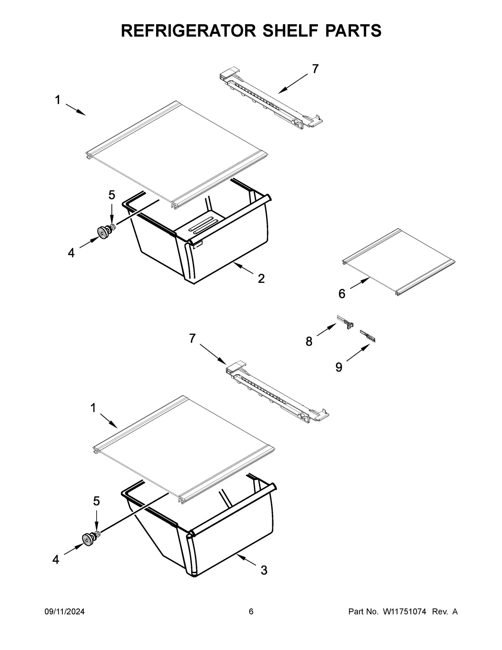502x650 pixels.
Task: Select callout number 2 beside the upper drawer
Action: click(x=261, y=279)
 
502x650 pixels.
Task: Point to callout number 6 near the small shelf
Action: click(x=342, y=294)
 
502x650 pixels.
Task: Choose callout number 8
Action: click(x=309, y=342)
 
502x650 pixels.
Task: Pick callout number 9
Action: click(x=338, y=367)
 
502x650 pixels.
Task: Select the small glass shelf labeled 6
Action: click(x=397, y=262)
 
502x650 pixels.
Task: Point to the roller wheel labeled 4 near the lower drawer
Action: click(x=87, y=540)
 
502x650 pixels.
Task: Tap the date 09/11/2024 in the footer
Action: click(x=65, y=612)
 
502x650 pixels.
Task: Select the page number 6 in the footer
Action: click(x=251, y=612)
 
